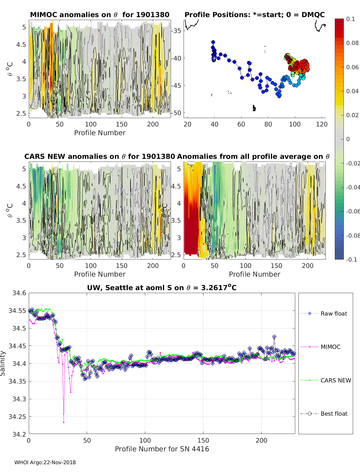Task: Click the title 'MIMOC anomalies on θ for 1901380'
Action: (x=100, y=15)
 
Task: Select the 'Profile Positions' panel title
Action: (x=254, y=15)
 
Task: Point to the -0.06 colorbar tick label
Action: (x=352, y=211)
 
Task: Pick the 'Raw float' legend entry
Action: (x=334, y=313)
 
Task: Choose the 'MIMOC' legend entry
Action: (x=330, y=347)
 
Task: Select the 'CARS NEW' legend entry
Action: (x=335, y=380)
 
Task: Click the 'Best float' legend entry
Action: (x=334, y=414)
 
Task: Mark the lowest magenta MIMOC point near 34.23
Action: (x=64, y=422)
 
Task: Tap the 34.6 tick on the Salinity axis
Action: (x=19, y=293)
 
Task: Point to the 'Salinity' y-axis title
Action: (x=3, y=363)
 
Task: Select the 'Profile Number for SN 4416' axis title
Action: (x=162, y=449)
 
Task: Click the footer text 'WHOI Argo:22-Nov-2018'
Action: (x=45, y=462)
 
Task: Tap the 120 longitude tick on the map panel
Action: (x=322, y=124)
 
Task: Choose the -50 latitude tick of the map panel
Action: (x=176, y=113)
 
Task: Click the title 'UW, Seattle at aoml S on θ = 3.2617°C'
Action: (x=162, y=288)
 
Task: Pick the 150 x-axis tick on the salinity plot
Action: (x=203, y=440)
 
